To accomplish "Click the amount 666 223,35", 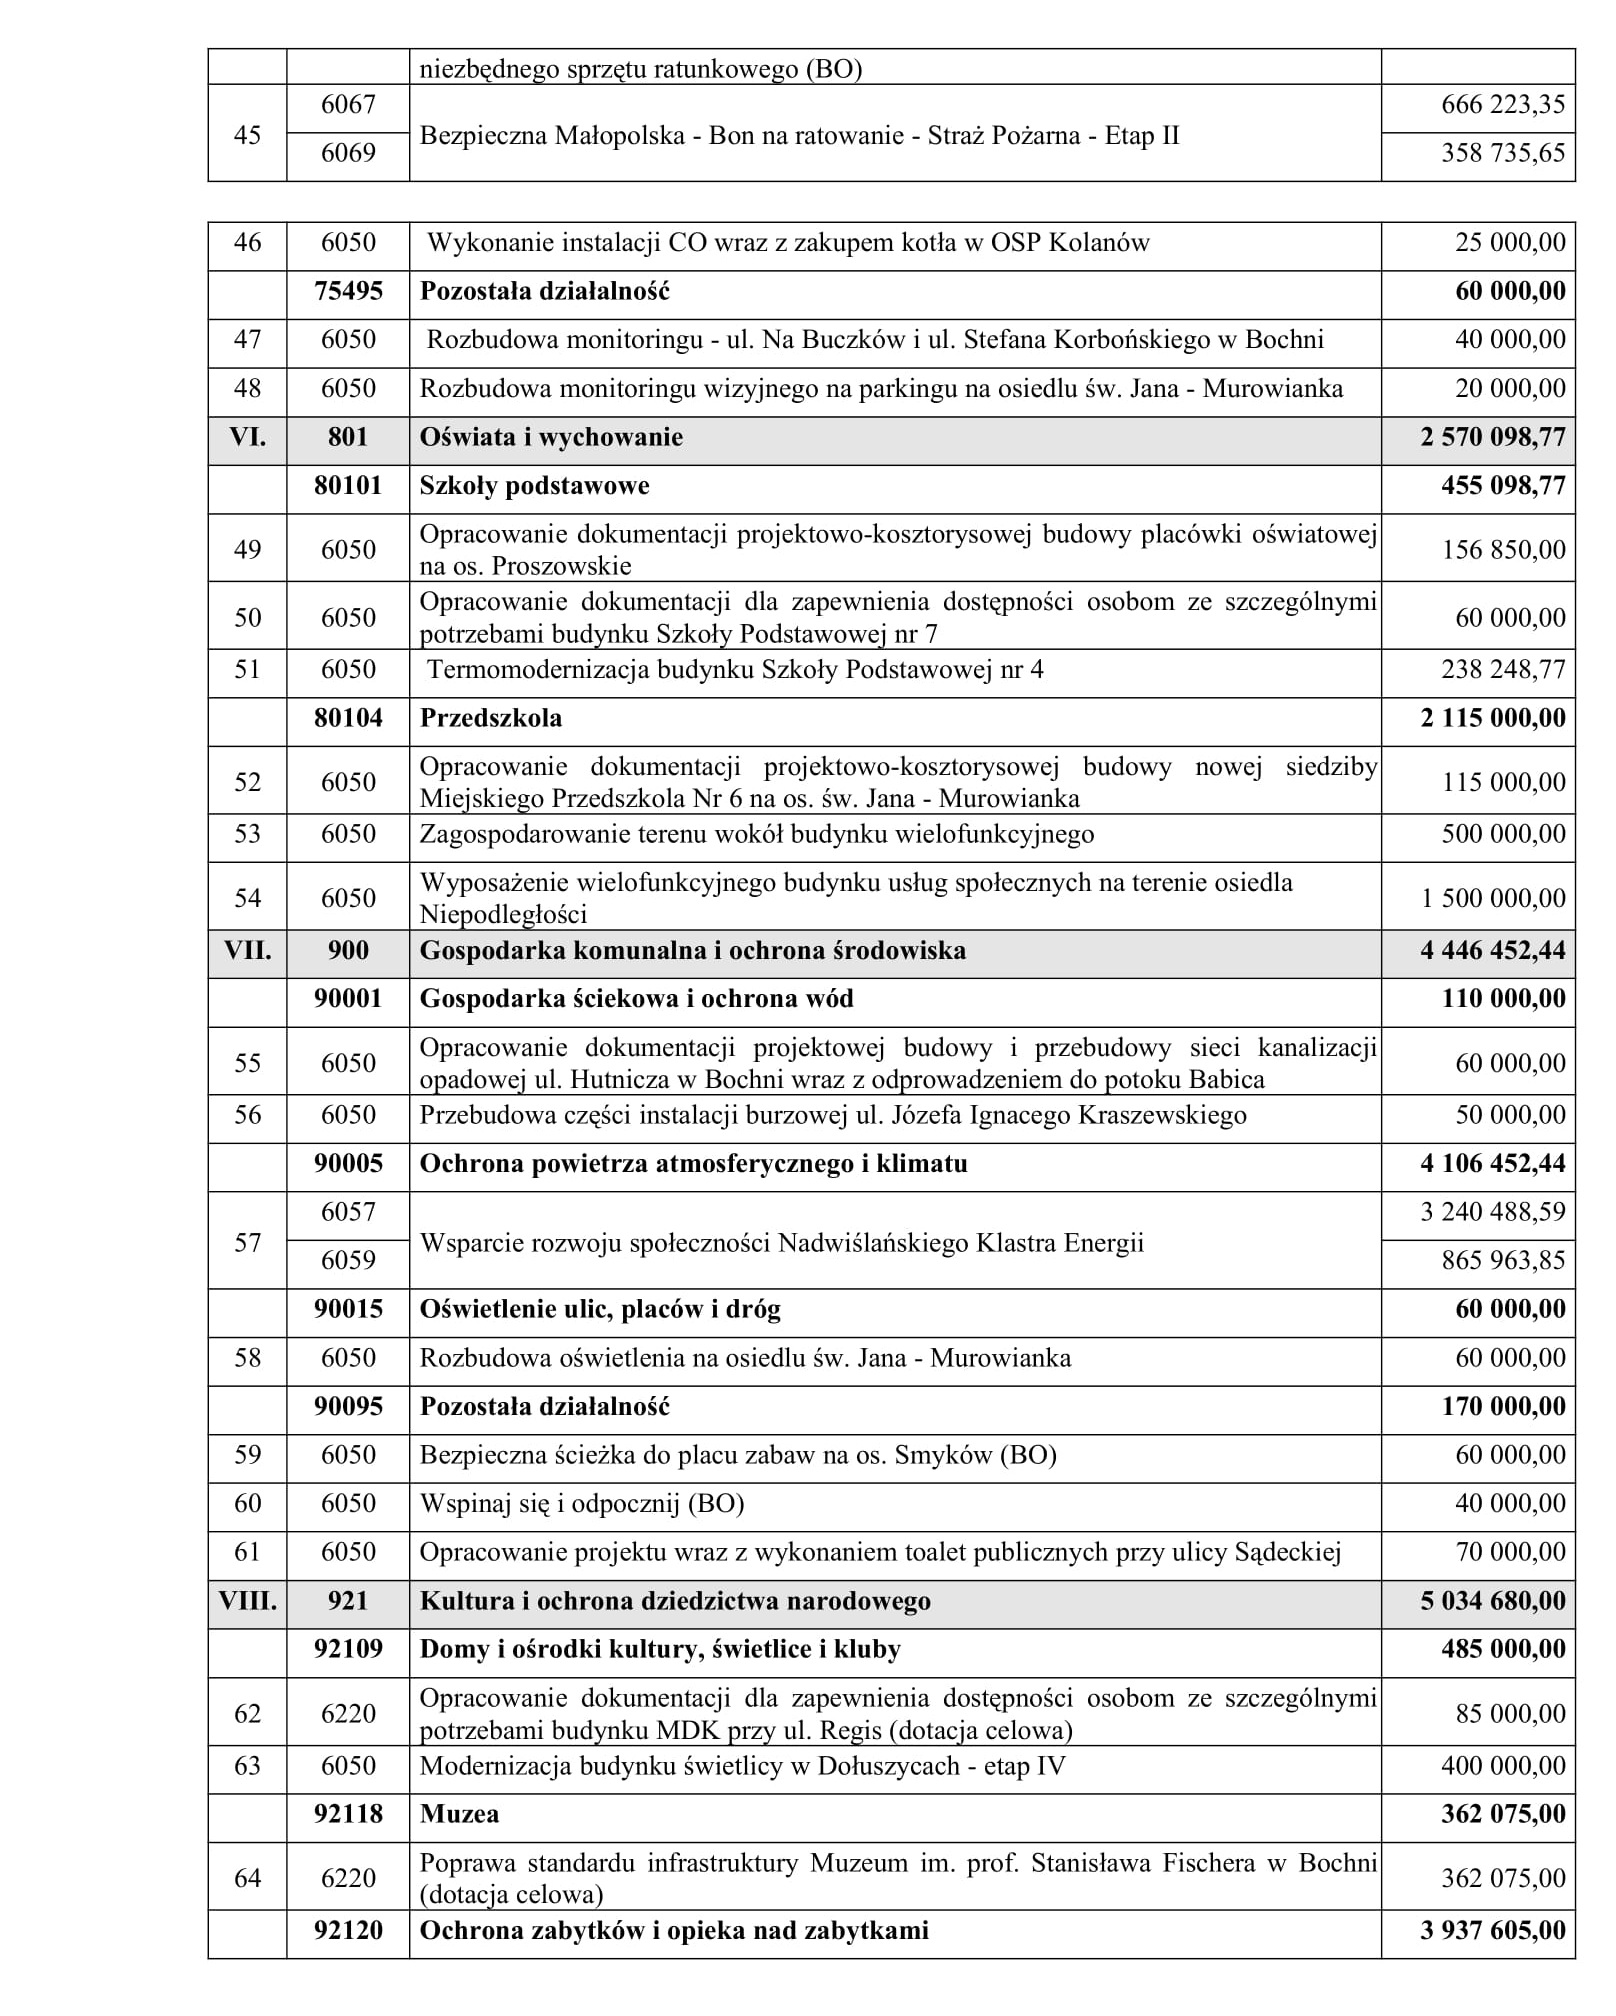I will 1502,105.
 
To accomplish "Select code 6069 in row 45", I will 348,153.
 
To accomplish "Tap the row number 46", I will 247,243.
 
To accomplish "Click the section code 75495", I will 348,292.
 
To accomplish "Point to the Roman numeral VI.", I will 247,438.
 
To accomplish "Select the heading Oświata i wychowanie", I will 551,438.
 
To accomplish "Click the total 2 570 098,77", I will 1492,438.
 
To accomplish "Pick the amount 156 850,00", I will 1502,550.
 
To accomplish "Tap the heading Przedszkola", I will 490,719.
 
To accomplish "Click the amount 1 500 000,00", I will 1493,899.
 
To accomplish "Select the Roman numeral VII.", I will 247,951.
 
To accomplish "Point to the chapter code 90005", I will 348,1164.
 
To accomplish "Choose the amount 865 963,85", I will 1502,1261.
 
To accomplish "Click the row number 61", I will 247,1553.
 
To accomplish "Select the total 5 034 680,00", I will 1492,1602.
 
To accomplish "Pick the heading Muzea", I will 459,1815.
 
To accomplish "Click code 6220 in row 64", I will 348,1879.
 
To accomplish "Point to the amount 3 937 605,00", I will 1492,1931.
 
